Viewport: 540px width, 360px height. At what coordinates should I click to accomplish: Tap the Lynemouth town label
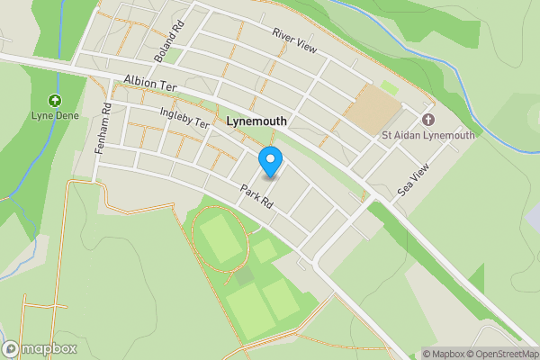click(x=256, y=120)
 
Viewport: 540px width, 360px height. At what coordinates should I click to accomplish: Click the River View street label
click(x=294, y=40)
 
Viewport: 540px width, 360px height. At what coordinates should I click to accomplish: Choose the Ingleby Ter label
click(x=184, y=118)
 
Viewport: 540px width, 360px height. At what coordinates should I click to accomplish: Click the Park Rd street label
click(x=256, y=198)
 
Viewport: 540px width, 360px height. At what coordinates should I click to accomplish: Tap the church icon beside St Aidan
click(x=427, y=120)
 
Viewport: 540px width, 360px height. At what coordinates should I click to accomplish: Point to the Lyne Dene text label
click(x=56, y=116)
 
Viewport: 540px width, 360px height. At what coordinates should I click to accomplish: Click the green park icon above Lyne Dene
click(x=55, y=100)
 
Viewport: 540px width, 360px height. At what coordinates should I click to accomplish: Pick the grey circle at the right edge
click(x=534, y=214)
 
